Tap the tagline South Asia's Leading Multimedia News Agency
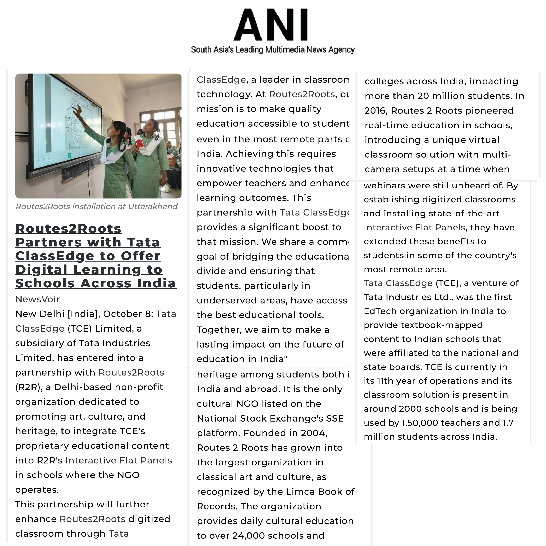click(x=273, y=50)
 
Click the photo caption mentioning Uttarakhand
click(x=96, y=207)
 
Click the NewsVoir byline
click(x=38, y=299)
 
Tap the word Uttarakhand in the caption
click(x=153, y=207)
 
